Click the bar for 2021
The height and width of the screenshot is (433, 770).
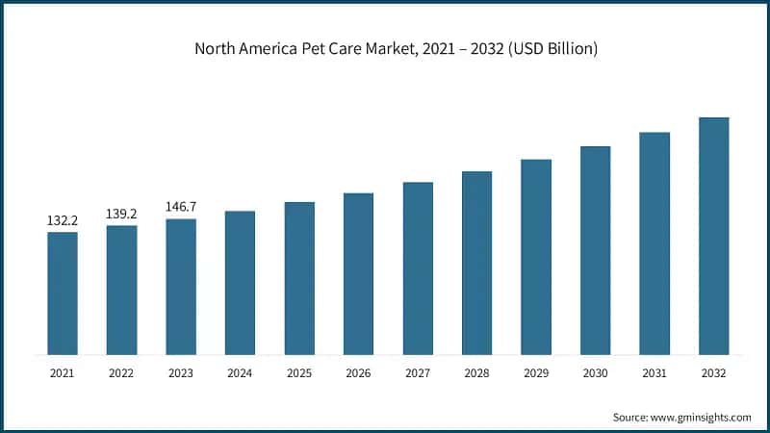(x=63, y=293)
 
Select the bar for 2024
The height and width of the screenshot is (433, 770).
(x=241, y=283)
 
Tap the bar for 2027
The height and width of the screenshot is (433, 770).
(x=418, y=268)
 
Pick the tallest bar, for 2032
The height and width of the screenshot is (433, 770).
(x=713, y=236)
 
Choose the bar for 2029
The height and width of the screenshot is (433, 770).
(x=536, y=257)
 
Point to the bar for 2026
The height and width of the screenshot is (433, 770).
(x=359, y=274)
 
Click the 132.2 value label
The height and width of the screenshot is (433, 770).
(x=63, y=221)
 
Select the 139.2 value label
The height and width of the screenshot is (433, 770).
(x=122, y=215)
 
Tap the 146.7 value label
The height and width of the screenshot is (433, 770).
(x=181, y=207)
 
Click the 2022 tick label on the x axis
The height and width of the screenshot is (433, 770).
(x=122, y=371)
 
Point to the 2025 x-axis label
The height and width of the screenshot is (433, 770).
(x=299, y=371)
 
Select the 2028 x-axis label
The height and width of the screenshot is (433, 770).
(x=476, y=371)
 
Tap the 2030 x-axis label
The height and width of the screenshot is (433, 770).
(x=595, y=371)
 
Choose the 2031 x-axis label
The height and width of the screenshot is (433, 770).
(x=654, y=371)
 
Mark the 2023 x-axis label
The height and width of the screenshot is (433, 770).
(x=181, y=371)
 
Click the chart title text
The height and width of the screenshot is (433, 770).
(x=385, y=48)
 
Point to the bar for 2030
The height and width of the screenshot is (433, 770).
(x=595, y=250)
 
